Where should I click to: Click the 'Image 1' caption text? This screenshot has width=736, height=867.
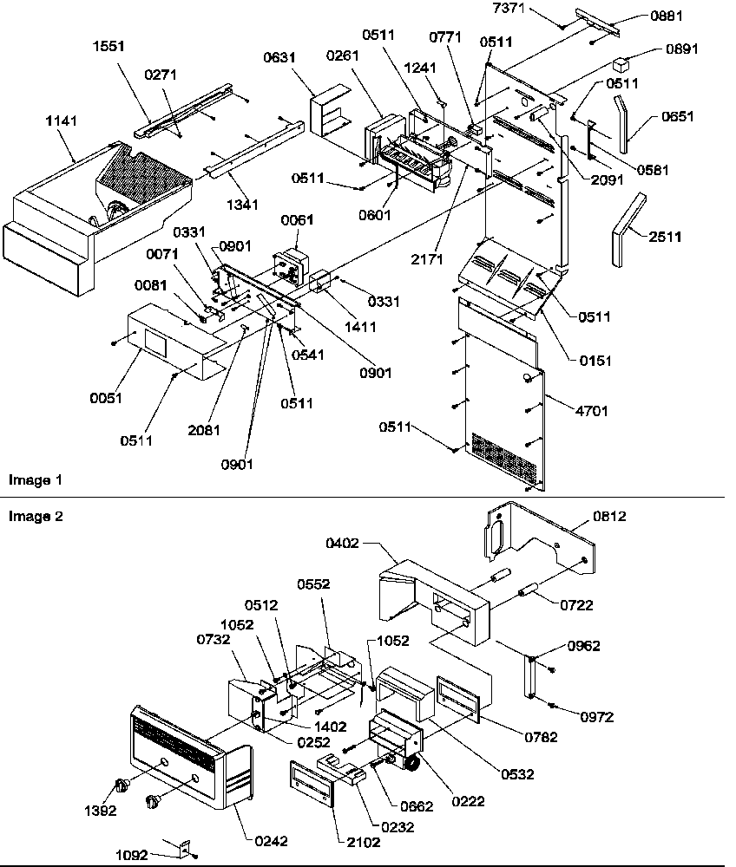coord(35,479)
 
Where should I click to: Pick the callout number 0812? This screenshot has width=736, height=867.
coord(609,517)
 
